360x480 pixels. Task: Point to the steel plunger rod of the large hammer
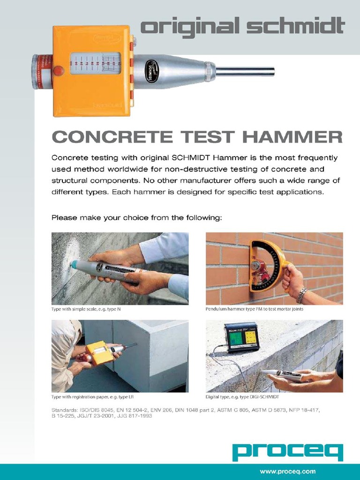[245, 72]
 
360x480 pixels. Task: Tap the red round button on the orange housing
[58, 71]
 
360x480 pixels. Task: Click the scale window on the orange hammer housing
[96, 64]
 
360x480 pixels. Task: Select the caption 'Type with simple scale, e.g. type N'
[89, 309]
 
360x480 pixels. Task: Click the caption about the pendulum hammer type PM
[254, 309]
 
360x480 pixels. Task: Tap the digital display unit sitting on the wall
[241, 336]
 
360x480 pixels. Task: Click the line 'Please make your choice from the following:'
[136, 217]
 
